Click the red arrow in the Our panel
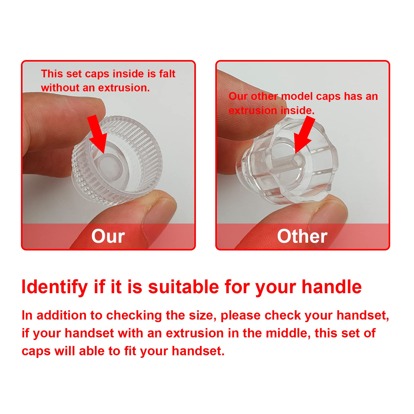tap(98, 135)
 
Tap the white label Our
tap(108, 236)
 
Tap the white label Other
tap(302, 236)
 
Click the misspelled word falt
tap(167, 74)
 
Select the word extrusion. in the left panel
tap(124, 88)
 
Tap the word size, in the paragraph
tap(203, 316)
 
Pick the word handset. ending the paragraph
tap(198, 351)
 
